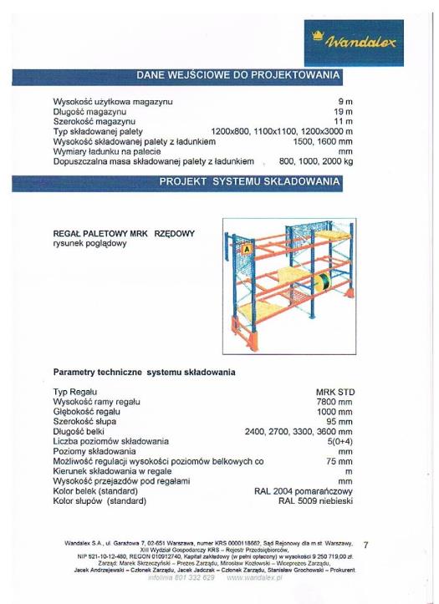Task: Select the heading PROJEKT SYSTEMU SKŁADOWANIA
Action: pos(249,181)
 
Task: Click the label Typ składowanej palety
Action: pos(98,131)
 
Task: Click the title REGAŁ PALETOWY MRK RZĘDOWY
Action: pos(123,234)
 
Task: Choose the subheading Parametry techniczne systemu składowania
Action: pos(144,371)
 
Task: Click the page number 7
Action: pos(390,546)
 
